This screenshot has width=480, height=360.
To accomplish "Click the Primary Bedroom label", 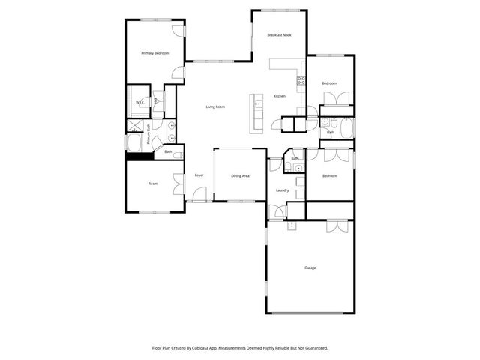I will coord(156,53).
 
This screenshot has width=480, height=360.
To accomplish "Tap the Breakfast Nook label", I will coord(280,36).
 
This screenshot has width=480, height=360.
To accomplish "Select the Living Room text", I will coord(215,106).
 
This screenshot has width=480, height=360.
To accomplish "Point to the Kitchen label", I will coord(279,96).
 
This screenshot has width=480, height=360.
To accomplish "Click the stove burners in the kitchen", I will coord(301,79).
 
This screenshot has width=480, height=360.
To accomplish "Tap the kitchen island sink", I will coord(256,104).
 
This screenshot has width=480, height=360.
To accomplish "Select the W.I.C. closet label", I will coord(139,103).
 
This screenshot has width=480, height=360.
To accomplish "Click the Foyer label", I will coord(199,175).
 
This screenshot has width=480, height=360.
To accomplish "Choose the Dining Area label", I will coord(240,175).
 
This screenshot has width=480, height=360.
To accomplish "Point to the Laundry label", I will coord(283,190).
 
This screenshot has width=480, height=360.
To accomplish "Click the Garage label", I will coord(310,268).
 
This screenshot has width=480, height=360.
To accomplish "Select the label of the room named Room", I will coord(152,184).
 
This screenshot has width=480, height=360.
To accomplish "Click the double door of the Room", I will coord(178,183).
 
